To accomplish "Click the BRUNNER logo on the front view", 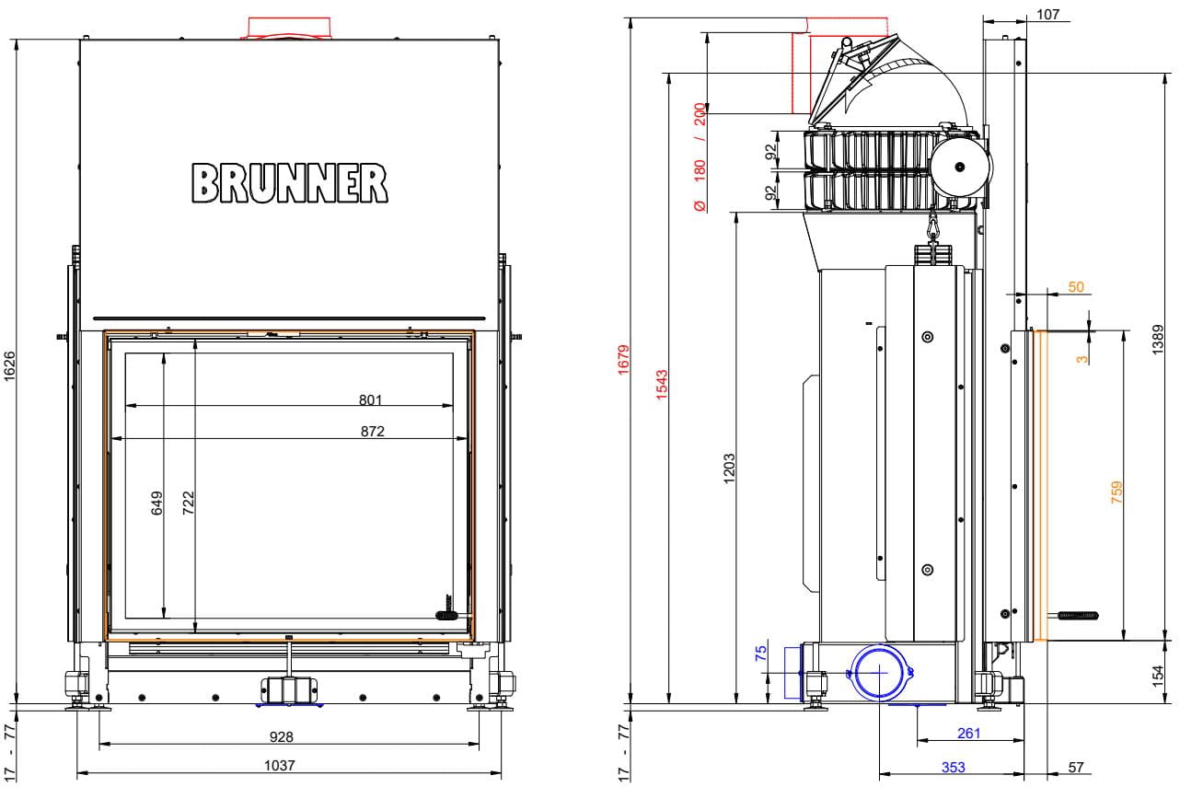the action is click(x=290, y=183).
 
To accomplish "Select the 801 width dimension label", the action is click(x=370, y=399).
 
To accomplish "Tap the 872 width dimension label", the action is click(x=373, y=432).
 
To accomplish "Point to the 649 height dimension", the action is click(x=157, y=503).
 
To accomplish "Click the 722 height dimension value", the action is click(x=189, y=503).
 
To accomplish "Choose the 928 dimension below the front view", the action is click(x=282, y=736).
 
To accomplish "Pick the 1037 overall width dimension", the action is click(x=279, y=765).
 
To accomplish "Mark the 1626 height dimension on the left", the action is click(x=9, y=366).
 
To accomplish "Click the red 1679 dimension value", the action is click(x=624, y=360).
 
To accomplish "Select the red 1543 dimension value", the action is click(x=662, y=385).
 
